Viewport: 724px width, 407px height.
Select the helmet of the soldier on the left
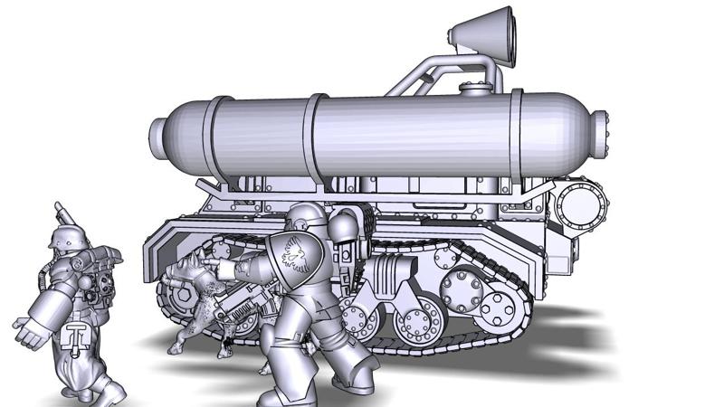64,240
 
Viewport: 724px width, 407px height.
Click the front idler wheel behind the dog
176,294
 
